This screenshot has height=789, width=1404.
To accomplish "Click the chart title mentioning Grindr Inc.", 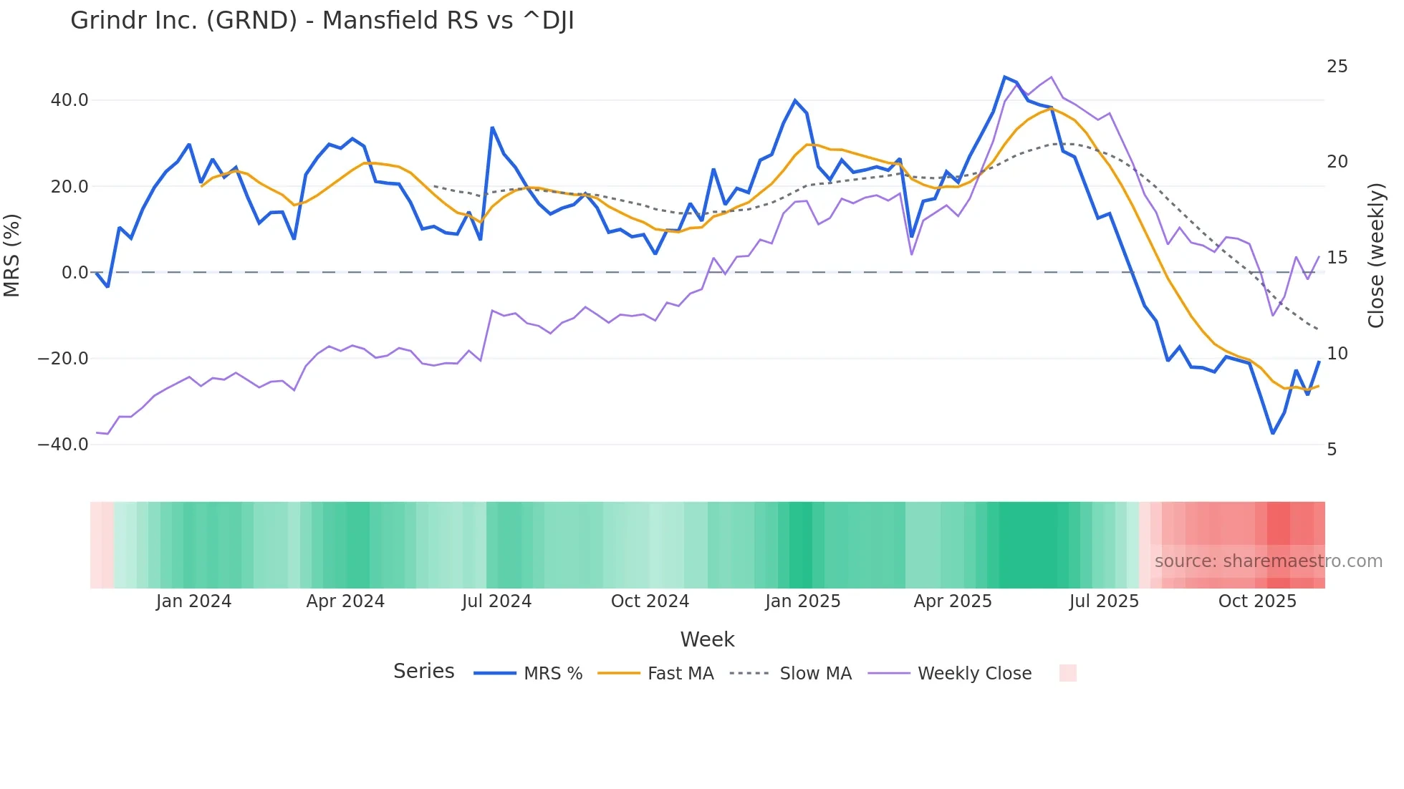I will pyautogui.click(x=322, y=21).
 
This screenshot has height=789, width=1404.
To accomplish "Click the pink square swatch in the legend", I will pyautogui.click(x=1067, y=673).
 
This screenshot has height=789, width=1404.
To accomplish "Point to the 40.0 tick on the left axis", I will pyautogui.click(x=69, y=100).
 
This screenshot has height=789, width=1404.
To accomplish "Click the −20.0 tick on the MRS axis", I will pyautogui.click(x=63, y=359).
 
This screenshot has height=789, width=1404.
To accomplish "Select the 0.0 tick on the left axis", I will pyautogui.click(x=74, y=273).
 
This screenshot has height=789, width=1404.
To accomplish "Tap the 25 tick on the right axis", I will pyautogui.click(x=1337, y=67).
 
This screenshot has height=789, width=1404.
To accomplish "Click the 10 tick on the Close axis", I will pyautogui.click(x=1337, y=354).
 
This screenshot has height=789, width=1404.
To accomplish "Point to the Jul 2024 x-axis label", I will pyautogui.click(x=496, y=601).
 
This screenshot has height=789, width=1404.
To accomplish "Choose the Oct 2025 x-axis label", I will pyautogui.click(x=1257, y=601).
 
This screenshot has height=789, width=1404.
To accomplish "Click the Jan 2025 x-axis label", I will pyautogui.click(x=802, y=601).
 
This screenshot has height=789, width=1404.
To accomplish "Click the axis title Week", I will pyautogui.click(x=707, y=639).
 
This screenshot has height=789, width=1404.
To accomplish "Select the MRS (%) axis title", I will pyautogui.click(x=12, y=256).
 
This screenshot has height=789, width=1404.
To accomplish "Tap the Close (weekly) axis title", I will pyautogui.click(x=1375, y=256).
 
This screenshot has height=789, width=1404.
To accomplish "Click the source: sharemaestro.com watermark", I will pyautogui.click(x=1268, y=561).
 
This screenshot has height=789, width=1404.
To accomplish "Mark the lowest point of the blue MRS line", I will pyautogui.click(x=1273, y=433).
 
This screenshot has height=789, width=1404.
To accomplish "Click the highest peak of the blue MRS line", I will pyautogui.click(x=1005, y=77).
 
